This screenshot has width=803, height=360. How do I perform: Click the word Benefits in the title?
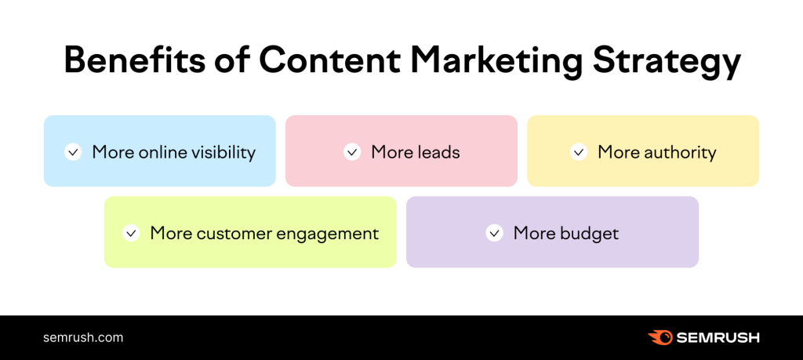133,61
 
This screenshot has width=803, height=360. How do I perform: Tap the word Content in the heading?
332,61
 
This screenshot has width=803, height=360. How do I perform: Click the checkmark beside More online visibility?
73,152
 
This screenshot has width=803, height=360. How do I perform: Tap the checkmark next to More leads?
352,152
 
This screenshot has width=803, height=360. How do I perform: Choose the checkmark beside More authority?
579,152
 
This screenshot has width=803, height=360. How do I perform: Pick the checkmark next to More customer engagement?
131,233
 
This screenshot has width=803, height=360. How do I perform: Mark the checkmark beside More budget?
494,233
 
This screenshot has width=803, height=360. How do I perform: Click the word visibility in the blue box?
223,152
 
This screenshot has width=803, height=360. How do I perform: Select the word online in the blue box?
163,152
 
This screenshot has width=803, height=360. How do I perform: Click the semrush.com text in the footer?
83,338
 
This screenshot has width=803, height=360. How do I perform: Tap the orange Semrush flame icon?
660,337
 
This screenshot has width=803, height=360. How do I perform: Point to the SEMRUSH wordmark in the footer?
718,338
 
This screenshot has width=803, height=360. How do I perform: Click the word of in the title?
231,61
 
